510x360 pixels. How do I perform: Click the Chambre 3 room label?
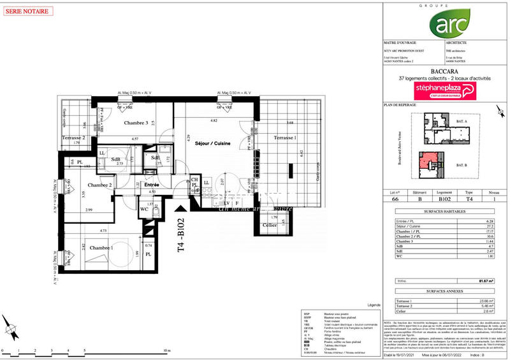pyautogui.click(x=136, y=123)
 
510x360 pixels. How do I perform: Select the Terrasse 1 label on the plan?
pyautogui.click(x=285, y=138)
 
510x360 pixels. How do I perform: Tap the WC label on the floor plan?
pyautogui.click(x=143, y=208)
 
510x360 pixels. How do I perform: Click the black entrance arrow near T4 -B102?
pyautogui.click(x=184, y=206)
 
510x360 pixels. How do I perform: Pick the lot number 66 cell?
pyautogui.click(x=395, y=198)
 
